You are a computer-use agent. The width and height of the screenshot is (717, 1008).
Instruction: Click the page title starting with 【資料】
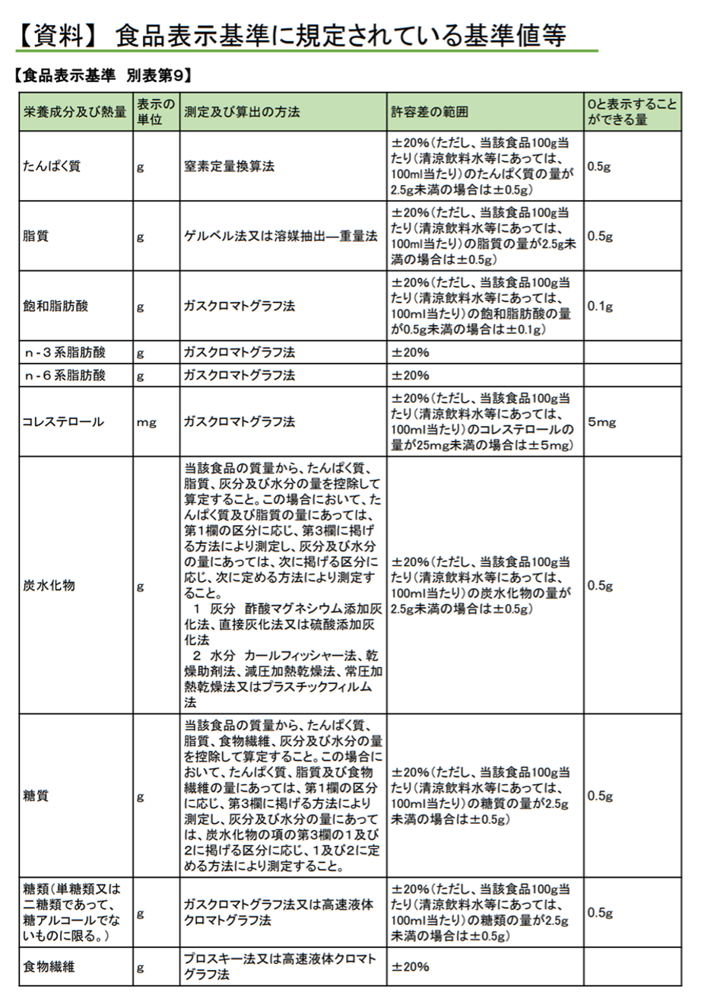(x=292, y=36)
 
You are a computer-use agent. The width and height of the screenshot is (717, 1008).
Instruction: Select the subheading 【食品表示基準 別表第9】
(x=103, y=75)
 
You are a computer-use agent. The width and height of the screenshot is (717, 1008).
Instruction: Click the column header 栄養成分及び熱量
(x=75, y=112)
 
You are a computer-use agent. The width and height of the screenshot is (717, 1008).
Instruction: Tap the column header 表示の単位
(x=156, y=112)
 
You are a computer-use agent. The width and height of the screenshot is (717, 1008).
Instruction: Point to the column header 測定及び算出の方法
(x=242, y=112)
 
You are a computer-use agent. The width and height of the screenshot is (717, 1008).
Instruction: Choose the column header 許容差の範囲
(x=430, y=112)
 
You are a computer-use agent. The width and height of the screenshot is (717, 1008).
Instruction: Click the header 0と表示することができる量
(x=631, y=112)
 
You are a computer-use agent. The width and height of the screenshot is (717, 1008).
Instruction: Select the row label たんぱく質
(x=51, y=167)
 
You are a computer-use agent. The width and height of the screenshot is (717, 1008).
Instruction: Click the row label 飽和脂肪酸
(x=56, y=307)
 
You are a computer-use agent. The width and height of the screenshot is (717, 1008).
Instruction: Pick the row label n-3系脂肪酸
(x=65, y=353)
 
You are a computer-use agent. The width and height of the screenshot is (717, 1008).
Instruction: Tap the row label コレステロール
(x=63, y=422)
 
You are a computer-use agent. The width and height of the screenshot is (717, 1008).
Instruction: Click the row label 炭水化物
(x=49, y=586)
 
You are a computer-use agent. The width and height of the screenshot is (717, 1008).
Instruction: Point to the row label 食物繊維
(x=49, y=967)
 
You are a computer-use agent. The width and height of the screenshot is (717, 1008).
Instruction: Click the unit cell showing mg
(x=147, y=423)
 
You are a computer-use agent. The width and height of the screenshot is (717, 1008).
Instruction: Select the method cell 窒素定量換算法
(x=229, y=167)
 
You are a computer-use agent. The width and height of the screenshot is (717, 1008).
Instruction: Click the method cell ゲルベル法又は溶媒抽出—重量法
(x=281, y=237)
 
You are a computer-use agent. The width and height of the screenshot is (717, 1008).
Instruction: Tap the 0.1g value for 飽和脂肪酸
(x=600, y=307)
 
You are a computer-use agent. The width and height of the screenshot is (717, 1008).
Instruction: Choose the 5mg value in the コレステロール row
(x=601, y=422)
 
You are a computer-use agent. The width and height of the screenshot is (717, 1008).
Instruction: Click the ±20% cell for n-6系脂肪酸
(x=411, y=376)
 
